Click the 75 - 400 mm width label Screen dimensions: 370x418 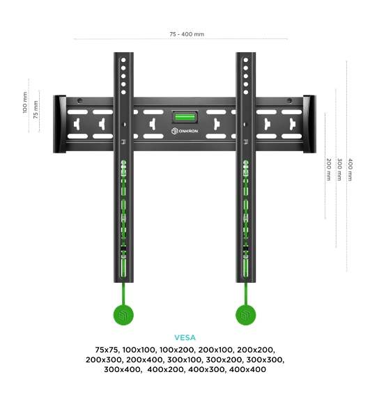click(x=187, y=34)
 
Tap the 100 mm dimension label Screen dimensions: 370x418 click(x=25, y=102)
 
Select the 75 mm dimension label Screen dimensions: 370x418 click(x=36, y=109)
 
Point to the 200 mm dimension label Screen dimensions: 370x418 click(x=329, y=169)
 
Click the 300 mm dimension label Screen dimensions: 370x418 click(x=339, y=169)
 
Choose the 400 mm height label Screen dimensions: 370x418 click(x=350, y=169)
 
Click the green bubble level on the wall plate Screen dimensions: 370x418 click(x=185, y=117)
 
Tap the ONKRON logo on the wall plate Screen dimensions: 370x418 click(x=185, y=131)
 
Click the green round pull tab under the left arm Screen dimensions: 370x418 click(x=123, y=315)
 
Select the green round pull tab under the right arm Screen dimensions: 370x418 click(x=246, y=315)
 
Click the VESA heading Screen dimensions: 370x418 click(x=185, y=338)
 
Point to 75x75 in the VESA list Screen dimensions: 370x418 click(x=107, y=350)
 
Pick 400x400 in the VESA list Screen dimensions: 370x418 click(x=247, y=369)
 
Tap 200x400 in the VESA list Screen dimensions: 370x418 click(x=144, y=359)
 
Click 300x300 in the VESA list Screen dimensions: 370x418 click(x=265, y=359)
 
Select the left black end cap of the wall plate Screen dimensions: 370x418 click(x=59, y=124)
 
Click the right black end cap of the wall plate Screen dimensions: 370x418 click(x=309, y=124)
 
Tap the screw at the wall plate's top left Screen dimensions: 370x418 click(x=79, y=101)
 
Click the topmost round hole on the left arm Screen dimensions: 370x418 click(x=123, y=60)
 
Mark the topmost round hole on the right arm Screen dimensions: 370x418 click(x=246, y=60)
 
